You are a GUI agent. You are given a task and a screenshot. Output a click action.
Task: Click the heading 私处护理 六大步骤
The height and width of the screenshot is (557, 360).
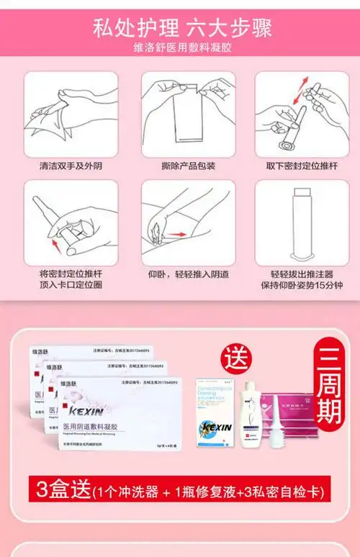coord(179,28)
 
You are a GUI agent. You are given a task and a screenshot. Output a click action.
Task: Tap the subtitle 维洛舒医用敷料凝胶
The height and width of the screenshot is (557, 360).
coord(179,48)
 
